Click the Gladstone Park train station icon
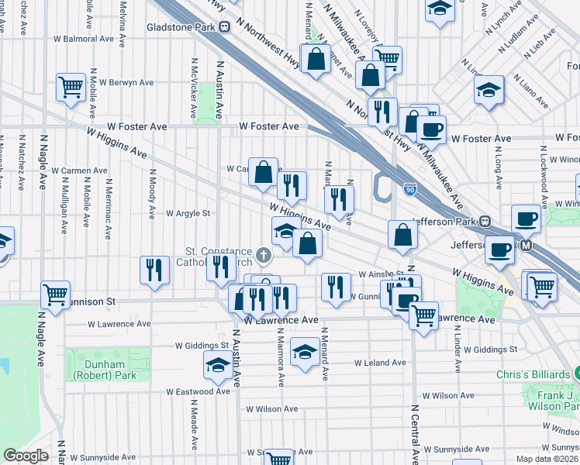coord(225,27)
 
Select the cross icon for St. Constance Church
coord(264,254)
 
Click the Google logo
coord(26,456)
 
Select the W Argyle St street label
coord(188,213)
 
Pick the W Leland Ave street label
coord(380,362)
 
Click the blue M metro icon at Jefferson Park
coord(526,246)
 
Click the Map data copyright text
coord(547,459)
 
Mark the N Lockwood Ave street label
coord(545,182)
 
